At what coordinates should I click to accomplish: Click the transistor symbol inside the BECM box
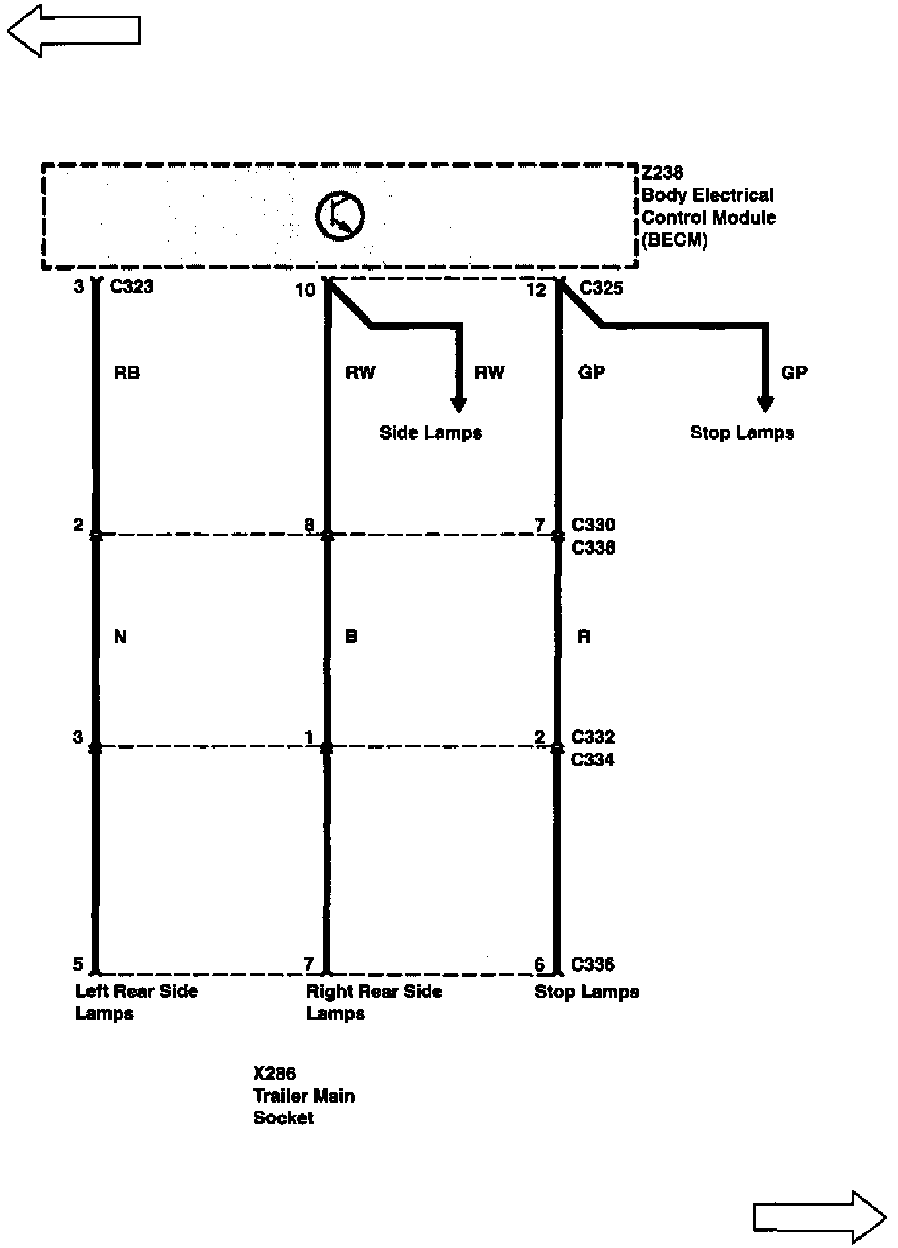pos(339,216)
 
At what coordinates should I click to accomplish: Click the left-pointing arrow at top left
pos(73,30)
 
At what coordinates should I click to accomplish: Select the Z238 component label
pos(662,173)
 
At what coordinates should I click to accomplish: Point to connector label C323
pos(131,287)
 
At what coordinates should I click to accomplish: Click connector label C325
pos(601,288)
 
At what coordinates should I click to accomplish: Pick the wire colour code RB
pos(127,373)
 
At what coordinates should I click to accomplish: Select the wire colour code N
pos(120,637)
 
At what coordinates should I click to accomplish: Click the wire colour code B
pos(351,637)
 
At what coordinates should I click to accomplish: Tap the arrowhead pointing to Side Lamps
pos(458,405)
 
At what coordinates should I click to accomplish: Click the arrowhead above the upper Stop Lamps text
pos(765,405)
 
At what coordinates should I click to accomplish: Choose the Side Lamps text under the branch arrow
pos(431,433)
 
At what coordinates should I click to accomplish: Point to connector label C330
pos(593,525)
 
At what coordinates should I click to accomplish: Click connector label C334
pos(592,760)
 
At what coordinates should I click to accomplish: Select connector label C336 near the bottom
pos(592,965)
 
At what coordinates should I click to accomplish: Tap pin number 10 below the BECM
pos(306,289)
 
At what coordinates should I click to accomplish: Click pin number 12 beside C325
pos(537,289)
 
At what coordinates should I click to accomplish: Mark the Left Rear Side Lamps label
pos(136,1002)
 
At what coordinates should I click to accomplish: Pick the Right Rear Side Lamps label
pos(374,1002)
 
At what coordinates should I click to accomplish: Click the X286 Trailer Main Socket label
pos(304,1095)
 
